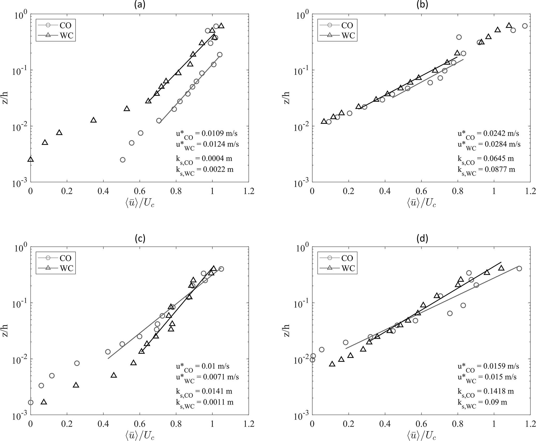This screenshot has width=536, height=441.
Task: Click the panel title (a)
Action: click(140, 5)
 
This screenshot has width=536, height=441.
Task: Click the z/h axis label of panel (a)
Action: click(5, 98)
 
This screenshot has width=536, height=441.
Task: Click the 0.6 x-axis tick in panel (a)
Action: click(140, 191)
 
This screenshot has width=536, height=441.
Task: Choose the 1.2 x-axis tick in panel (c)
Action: click(249, 424)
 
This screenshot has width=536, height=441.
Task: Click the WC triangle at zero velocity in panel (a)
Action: click(31, 159)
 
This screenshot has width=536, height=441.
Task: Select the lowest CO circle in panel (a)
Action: click(123, 160)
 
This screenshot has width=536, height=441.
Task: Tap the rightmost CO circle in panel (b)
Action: click(525, 26)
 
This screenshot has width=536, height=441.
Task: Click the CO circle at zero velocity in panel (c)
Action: click(31, 402)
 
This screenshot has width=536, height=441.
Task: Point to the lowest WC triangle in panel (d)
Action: click(332, 364)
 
